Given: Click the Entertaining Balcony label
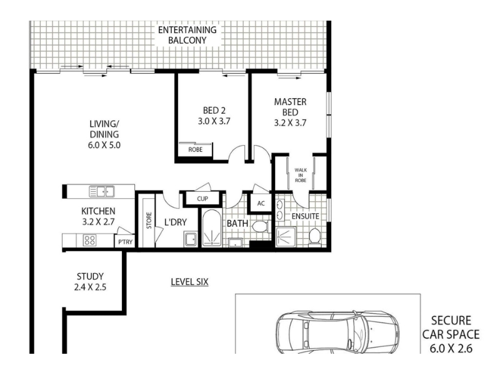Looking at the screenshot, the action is (187, 35).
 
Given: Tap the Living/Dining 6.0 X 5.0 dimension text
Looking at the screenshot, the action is (104, 145).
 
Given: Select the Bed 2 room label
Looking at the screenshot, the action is (214, 111).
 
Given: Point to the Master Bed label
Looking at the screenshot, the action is (290, 107).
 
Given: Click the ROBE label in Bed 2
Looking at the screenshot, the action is (195, 149).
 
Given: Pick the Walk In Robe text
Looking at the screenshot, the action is (301, 175).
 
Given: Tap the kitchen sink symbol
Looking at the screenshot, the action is (102, 192).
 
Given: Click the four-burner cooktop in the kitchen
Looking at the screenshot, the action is (89, 240).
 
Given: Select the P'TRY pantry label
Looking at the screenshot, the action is (126, 242).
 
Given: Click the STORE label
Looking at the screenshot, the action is (149, 221).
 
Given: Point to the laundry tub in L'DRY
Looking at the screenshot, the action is (191, 239).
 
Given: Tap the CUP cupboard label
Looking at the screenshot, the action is (202, 199).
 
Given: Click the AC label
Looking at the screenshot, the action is (261, 203).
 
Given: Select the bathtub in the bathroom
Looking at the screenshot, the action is (212, 227).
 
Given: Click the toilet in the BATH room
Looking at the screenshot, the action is (260, 227).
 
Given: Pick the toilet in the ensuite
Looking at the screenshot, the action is (314, 237).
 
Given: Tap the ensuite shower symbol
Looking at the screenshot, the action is (286, 237).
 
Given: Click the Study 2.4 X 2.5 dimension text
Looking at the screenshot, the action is (90, 287).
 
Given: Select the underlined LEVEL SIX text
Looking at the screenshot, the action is (189, 282).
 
